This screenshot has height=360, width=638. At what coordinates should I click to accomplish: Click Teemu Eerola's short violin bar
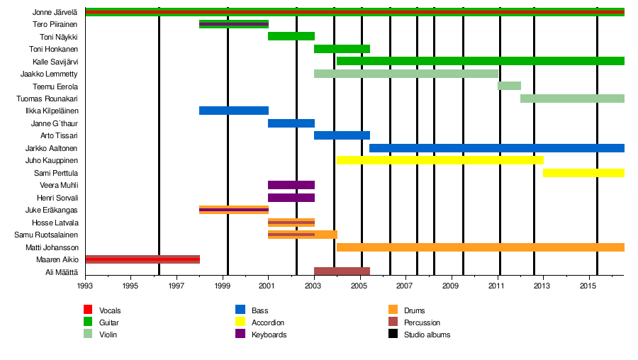tap(509, 86)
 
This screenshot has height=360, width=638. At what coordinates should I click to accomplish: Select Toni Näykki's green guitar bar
tap(291, 36)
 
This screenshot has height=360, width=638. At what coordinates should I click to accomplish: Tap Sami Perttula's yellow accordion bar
tap(583, 173)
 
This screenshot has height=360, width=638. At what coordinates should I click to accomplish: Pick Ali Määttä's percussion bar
tap(342, 271)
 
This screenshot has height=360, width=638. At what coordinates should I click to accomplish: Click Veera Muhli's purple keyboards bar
tap(291, 185)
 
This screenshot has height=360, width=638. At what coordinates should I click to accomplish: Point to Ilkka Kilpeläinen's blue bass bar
tap(233, 111)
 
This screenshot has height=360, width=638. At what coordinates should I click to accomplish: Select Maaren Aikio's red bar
tap(142, 259)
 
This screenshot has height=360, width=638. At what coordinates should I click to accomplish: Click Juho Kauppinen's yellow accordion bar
tap(440, 160)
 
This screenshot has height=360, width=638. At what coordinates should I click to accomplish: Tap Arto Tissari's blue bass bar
tap(342, 135)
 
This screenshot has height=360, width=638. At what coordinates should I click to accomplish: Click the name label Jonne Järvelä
tap(55, 12)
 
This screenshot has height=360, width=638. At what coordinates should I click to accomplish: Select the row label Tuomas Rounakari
tap(47, 99)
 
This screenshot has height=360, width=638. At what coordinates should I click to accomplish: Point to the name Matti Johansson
tap(52, 247)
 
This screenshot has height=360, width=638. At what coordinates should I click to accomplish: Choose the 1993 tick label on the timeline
tap(85, 286)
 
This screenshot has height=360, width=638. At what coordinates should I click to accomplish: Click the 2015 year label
tap(588, 286)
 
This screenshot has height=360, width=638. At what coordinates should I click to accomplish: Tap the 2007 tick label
tap(405, 286)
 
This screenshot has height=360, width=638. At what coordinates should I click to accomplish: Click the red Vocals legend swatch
tap(88, 310)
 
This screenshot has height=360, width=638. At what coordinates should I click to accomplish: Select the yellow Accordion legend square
tap(240, 322)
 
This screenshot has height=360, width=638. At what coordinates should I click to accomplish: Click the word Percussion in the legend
tap(422, 322)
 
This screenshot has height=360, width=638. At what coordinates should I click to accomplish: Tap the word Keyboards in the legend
tap(269, 334)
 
